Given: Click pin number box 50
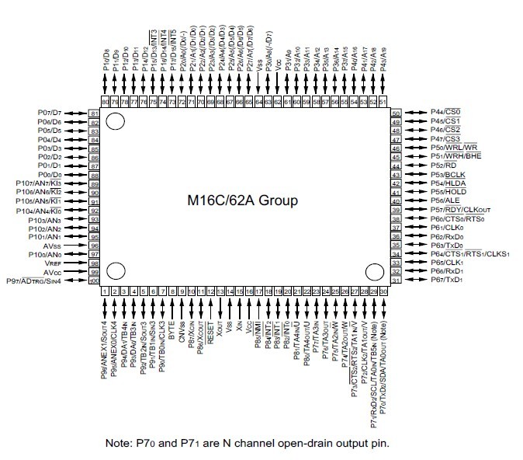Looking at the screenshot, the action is click(395, 113).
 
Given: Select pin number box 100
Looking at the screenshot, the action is click(95, 281).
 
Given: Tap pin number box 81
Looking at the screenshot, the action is click(95, 113).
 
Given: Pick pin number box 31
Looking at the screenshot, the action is click(395, 281).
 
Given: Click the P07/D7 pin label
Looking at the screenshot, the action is click(49, 113).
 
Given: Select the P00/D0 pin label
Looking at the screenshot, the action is click(49, 175).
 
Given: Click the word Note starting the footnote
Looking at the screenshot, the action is click(119, 444).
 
